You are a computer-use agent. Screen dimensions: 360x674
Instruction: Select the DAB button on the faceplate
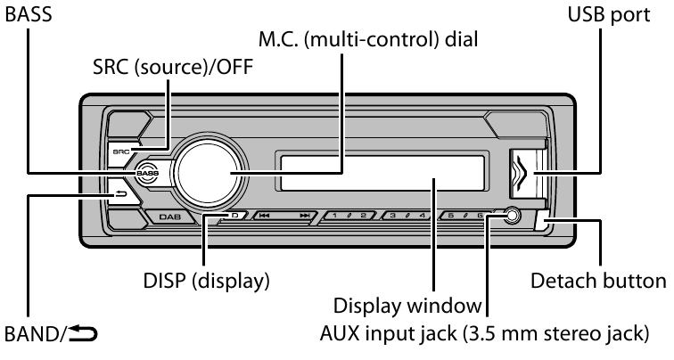169,217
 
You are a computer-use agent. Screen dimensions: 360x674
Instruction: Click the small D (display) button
231,216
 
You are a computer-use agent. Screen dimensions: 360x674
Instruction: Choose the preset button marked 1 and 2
350,216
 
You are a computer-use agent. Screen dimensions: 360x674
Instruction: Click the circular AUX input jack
511,215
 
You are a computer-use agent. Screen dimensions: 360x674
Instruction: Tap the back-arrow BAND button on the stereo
121,192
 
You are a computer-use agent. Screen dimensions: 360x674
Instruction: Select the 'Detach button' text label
597,282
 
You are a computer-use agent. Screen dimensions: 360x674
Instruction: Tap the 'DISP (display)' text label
205,282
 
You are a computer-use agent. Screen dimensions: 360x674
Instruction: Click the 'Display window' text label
407,307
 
